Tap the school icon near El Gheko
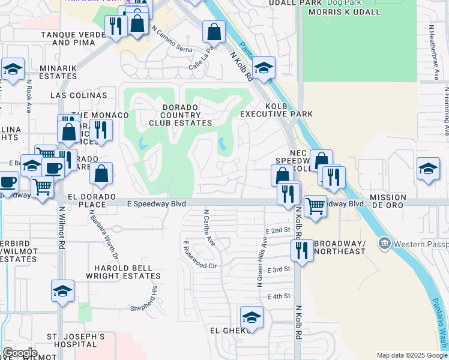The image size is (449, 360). click(x=252, y=317)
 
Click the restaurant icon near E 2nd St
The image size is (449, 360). click(x=302, y=250)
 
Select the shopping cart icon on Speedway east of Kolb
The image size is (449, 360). click(x=315, y=206)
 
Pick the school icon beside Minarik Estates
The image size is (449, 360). click(x=13, y=69)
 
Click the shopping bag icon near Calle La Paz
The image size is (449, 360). click(x=214, y=31)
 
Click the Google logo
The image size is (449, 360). click(x=20, y=353)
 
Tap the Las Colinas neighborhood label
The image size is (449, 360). click(x=79, y=95)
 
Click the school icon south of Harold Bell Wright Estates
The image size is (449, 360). click(x=62, y=291)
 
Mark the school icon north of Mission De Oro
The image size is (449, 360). click(x=428, y=168)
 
